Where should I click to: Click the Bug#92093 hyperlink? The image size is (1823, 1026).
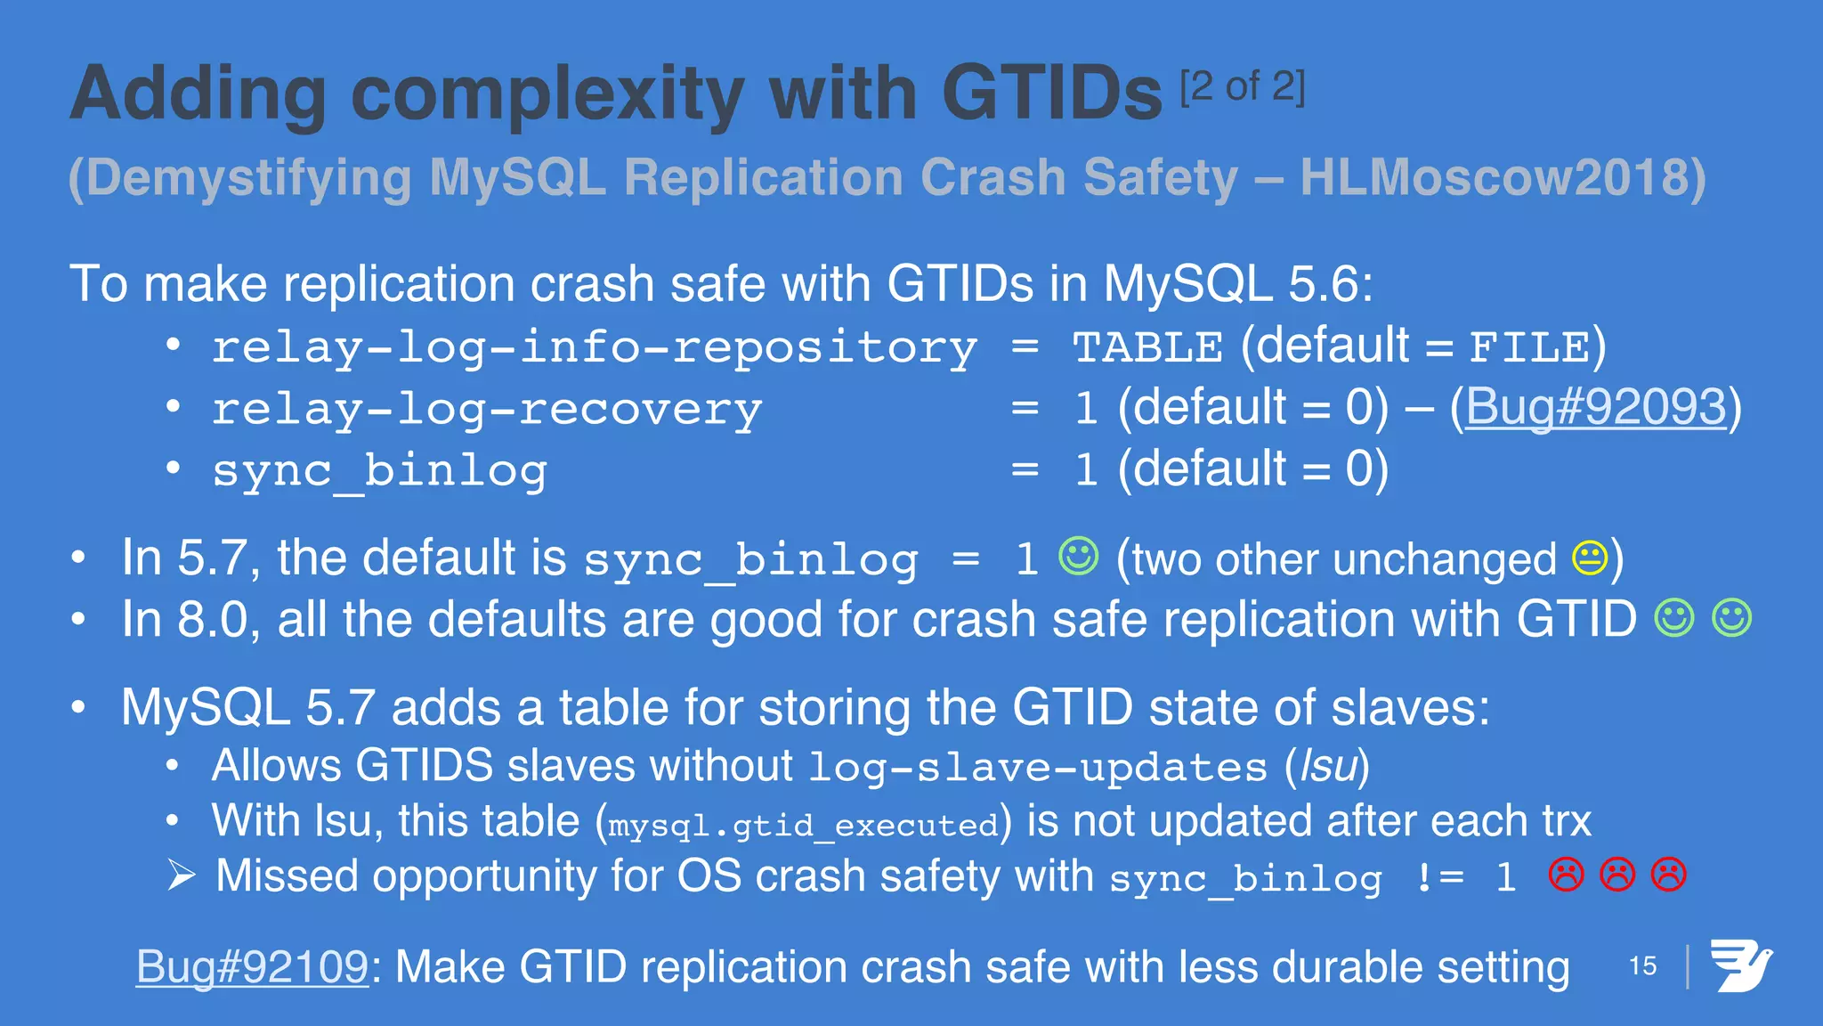click(1595, 407)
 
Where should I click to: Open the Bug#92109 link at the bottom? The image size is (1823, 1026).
click(252, 966)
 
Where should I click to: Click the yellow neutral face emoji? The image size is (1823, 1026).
click(1590, 558)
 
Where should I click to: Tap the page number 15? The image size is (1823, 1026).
click(1642, 965)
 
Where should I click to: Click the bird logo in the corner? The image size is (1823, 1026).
click(1740, 965)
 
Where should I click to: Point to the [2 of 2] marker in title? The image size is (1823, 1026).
click(1243, 87)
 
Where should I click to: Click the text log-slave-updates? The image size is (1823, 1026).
click(1038, 768)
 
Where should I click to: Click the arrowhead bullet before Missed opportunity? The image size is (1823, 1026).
click(182, 875)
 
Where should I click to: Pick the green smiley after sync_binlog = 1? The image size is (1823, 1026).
click(1079, 557)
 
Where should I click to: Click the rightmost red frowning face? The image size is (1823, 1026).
click(1669, 875)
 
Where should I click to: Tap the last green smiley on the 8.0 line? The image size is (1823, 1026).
click(1731, 618)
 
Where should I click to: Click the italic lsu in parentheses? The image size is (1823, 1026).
click(1327, 766)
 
